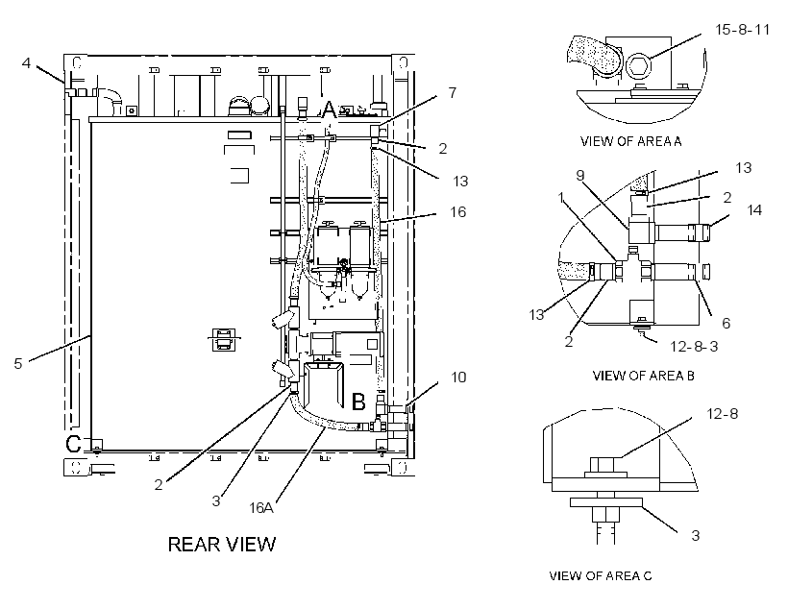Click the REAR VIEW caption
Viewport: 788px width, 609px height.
click(x=222, y=545)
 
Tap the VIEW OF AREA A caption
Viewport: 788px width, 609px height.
click(x=630, y=141)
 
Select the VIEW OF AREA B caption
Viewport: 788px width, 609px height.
click(x=643, y=376)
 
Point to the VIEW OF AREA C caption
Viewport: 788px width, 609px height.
click(x=601, y=575)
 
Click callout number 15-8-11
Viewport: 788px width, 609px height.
click(x=742, y=30)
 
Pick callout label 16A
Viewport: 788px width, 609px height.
click(x=261, y=508)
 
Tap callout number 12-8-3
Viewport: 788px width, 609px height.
click(x=694, y=346)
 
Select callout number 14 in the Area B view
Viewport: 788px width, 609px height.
click(x=754, y=209)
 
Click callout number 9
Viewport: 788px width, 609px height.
click(x=580, y=176)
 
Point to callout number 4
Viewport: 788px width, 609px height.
click(x=26, y=62)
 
